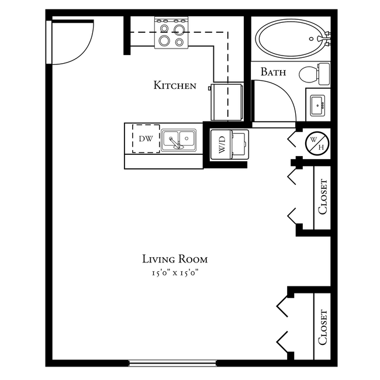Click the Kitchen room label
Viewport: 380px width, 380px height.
point(174,85)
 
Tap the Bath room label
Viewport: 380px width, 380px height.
point(273,72)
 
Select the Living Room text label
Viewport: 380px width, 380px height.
point(175,259)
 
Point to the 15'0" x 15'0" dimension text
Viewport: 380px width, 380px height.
point(175,273)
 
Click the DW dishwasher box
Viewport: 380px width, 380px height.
point(146,139)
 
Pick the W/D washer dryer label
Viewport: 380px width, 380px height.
point(222,144)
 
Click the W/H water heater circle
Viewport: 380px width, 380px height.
point(318,141)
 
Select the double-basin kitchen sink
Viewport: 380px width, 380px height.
point(179,140)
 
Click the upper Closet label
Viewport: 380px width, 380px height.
point(323,197)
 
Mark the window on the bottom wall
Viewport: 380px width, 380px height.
point(172,363)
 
